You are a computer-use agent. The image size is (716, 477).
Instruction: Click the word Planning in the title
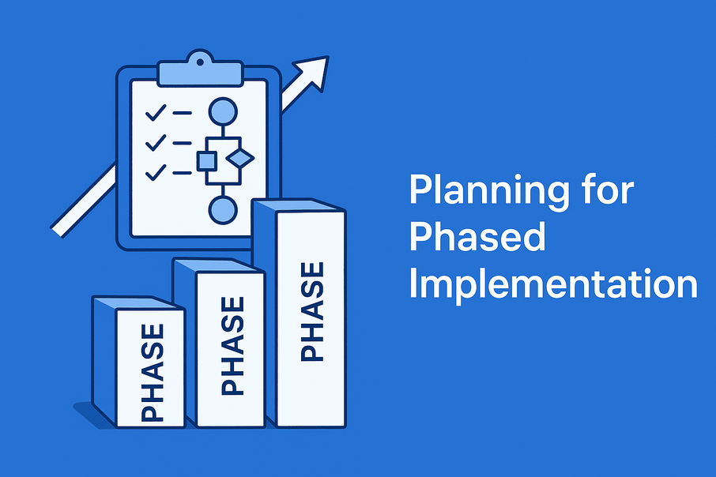pyautogui.click(x=489, y=190)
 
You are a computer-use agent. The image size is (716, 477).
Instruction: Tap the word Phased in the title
pyautogui.click(x=477, y=236)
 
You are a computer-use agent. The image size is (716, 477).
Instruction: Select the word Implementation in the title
pyautogui.click(x=553, y=285)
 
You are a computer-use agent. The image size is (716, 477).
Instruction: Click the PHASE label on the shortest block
pyautogui.click(x=152, y=373)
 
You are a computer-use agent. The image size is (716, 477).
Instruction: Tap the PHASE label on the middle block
pyautogui.click(x=232, y=346)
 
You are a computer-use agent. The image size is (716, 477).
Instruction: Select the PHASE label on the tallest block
pyautogui.click(x=312, y=312)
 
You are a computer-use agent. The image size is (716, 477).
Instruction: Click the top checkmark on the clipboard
pyautogui.click(x=156, y=113)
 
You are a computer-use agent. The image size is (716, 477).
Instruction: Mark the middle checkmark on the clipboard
pyautogui.click(x=156, y=143)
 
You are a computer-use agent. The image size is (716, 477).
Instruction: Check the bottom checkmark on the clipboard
pyautogui.click(x=156, y=172)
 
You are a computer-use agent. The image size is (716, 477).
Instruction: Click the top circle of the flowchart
pyautogui.click(x=223, y=111)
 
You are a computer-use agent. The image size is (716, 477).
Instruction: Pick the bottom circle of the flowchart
pyautogui.click(x=223, y=210)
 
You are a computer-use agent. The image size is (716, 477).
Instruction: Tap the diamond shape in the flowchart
pyautogui.click(x=240, y=159)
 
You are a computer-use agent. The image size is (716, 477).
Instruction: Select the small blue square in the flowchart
pyautogui.click(x=207, y=161)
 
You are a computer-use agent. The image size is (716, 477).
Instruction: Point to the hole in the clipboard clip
pyautogui.click(x=200, y=62)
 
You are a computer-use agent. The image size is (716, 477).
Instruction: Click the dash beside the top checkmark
pyautogui.click(x=183, y=113)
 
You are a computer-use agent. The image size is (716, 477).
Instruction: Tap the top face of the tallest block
pyautogui.click(x=299, y=205)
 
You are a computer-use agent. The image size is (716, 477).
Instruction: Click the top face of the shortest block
pyautogui.click(x=138, y=303)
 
